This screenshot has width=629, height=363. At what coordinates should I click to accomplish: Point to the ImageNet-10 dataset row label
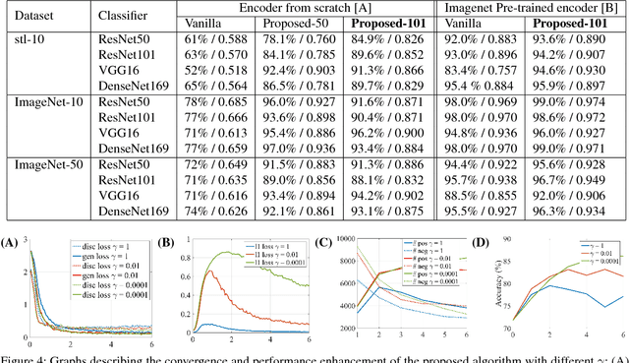pyautogui.click(x=40, y=102)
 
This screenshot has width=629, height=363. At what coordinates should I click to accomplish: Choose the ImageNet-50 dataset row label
pyautogui.click(x=40, y=166)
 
